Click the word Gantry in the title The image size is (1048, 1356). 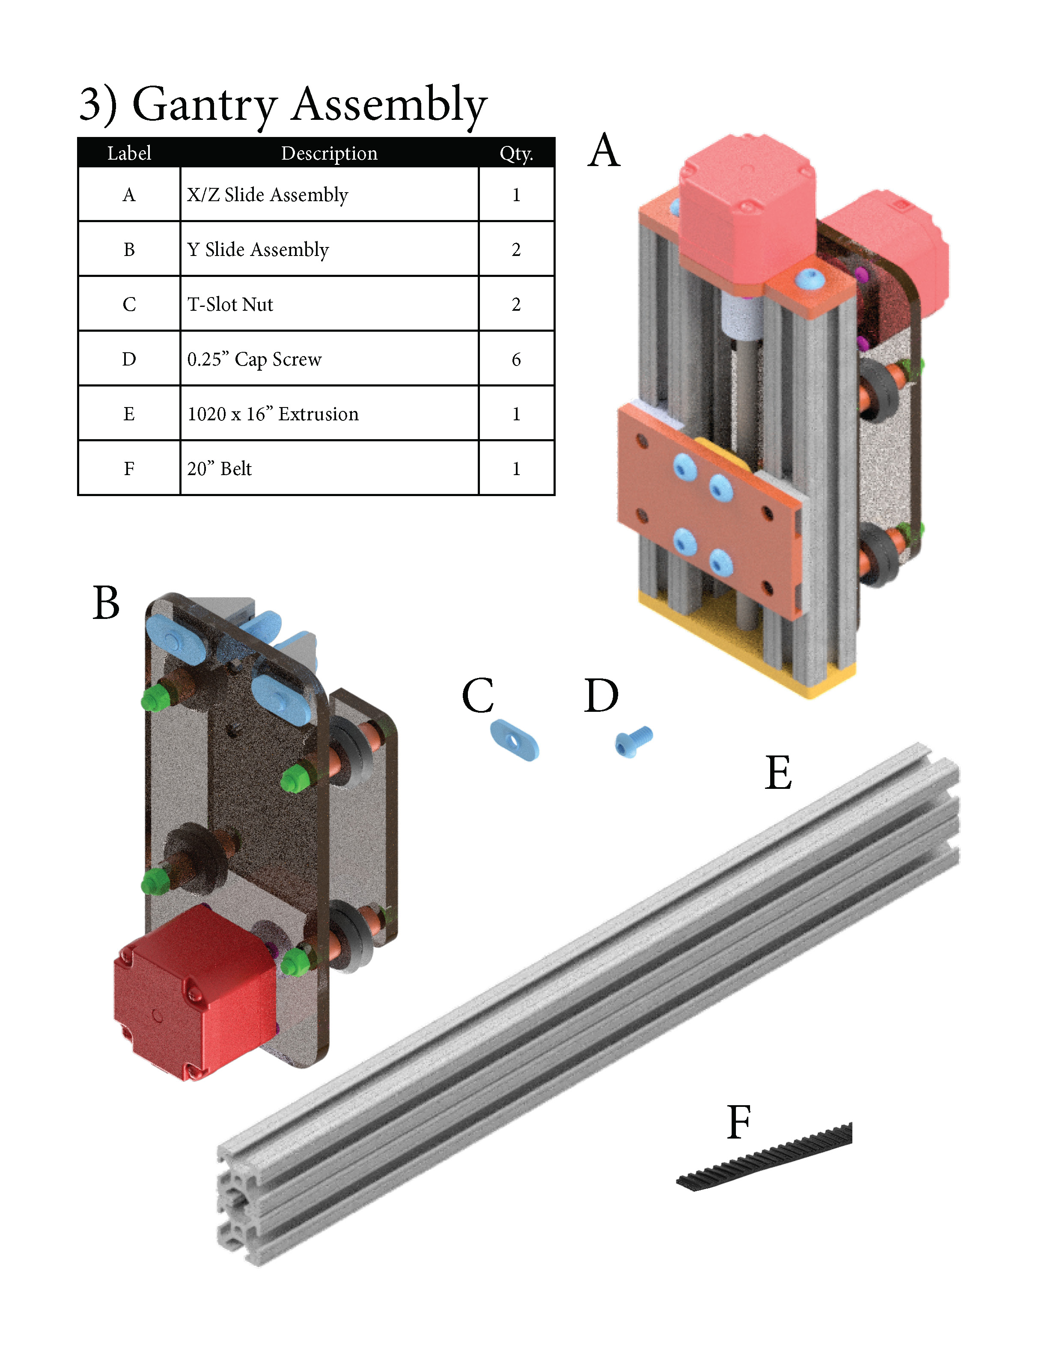204,106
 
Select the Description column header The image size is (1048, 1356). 329,153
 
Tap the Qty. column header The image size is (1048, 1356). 516,153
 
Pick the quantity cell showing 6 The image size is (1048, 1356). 516,359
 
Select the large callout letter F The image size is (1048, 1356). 739,1123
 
